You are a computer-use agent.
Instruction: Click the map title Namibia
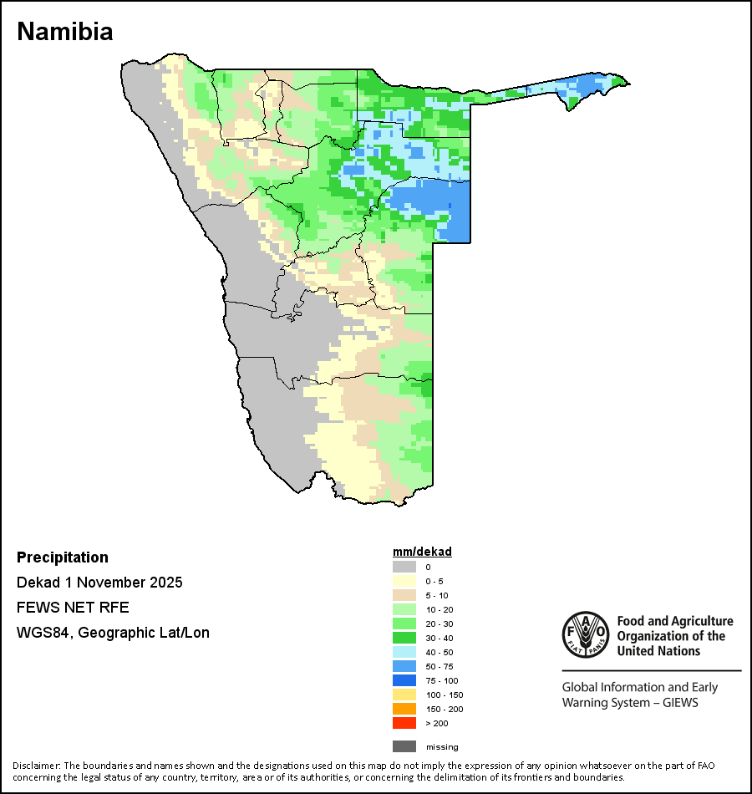point(65,32)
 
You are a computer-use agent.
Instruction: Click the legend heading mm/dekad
point(422,552)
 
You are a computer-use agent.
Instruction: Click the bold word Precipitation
point(63,557)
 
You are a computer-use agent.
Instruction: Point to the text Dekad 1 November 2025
point(99,583)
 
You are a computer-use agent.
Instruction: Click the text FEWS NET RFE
point(73,608)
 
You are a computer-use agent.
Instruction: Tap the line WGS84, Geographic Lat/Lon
point(113,633)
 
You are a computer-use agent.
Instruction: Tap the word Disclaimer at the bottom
point(35,766)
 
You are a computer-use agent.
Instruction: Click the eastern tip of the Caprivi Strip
point(628,82)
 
